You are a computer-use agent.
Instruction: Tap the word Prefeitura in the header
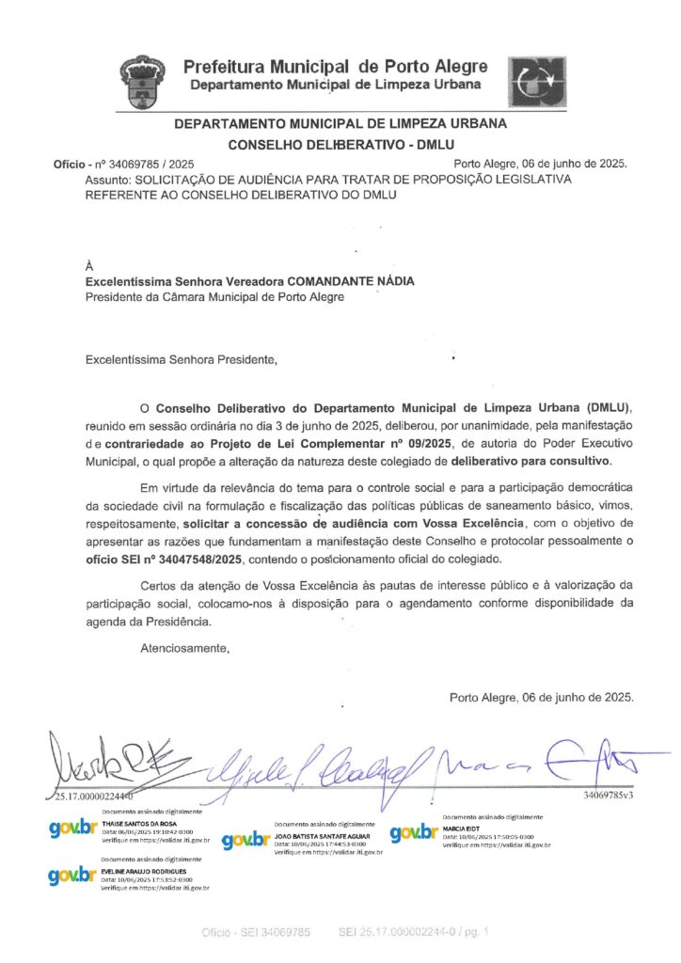[223, 67]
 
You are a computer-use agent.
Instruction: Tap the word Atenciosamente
[184, 647]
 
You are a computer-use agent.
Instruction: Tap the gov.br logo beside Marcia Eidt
[414, 833]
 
